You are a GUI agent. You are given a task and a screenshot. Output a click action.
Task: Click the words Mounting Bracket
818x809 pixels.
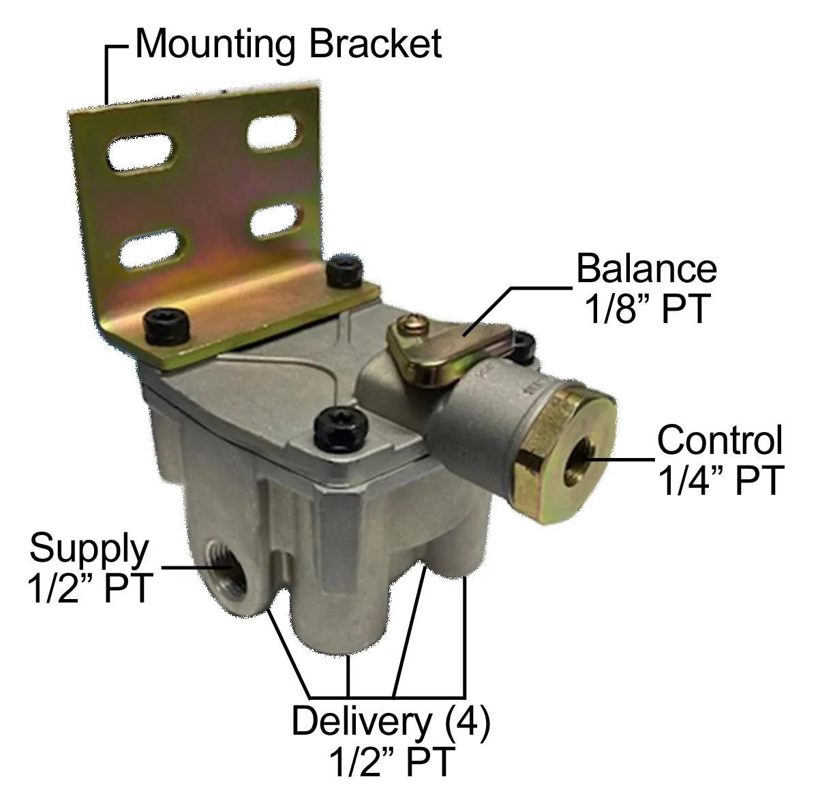coord(288,44)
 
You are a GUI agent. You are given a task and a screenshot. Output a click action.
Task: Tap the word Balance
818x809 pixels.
coord(646,268)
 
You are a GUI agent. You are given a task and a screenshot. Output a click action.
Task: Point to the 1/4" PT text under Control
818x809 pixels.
coord(721,480)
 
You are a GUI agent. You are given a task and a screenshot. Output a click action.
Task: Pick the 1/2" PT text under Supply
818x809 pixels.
coord(90,588)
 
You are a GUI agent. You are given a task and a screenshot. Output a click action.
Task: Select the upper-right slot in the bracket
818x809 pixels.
coord(275,132)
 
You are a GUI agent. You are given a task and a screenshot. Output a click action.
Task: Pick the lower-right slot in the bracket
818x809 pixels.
coord(276,221)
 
